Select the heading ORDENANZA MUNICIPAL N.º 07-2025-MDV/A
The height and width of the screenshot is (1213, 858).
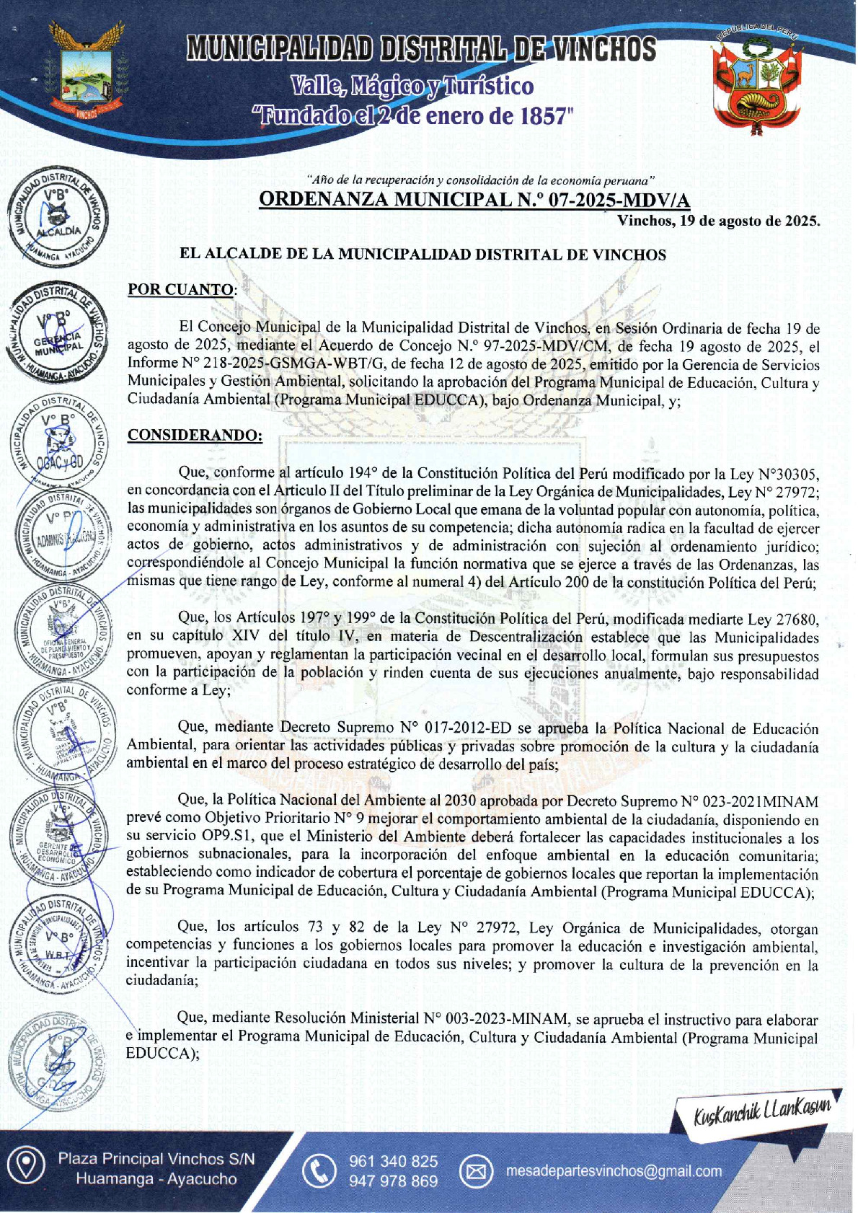474,200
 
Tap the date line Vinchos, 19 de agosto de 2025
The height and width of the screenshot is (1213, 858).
718,221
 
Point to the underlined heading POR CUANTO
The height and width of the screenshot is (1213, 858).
180,290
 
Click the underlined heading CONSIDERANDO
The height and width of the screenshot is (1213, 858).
195,436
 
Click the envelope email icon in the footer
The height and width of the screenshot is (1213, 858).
476,1172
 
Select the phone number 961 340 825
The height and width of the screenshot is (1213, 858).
393,1161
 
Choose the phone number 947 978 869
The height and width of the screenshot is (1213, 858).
393,1181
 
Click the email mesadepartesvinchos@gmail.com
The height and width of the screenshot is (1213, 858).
614,1171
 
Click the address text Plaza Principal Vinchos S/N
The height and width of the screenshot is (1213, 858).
156,1159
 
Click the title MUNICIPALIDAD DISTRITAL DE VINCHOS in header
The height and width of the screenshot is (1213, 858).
422,49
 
